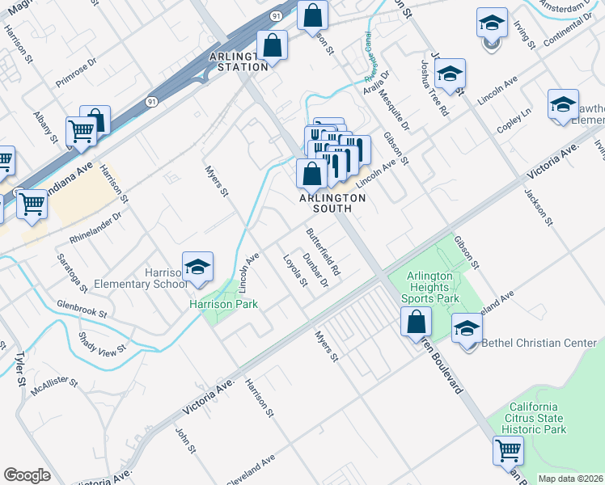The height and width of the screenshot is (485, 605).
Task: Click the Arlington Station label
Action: point(238,61)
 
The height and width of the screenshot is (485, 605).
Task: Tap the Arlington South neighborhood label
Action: point(332,203)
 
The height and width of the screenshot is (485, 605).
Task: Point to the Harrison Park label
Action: point(223,304)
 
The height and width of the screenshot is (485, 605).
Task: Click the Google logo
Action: point(27,475)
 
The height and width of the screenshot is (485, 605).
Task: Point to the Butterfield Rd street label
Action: point(323,252)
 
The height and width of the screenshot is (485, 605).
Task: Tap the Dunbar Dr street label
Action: point(315,270)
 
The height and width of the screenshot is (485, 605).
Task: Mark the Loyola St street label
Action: point(294,271)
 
